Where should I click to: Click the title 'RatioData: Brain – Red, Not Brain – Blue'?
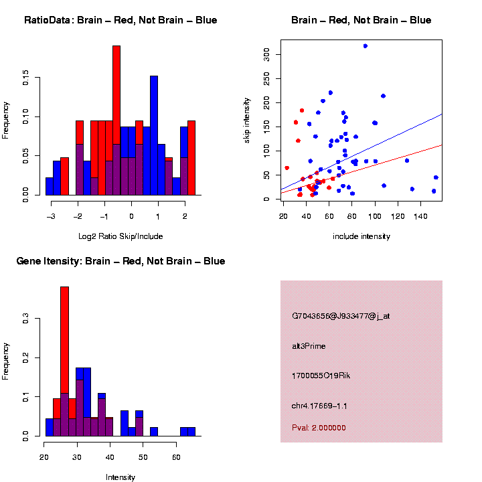tap(120, 20)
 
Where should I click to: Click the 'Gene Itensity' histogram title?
tap(120, 261)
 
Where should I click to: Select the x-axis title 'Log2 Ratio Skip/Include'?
tap(121, 236)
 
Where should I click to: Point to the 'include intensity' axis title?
tap(361, 236)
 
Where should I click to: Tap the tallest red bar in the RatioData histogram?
tap(116, 120)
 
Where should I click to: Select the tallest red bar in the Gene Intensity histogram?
tap(65, 361)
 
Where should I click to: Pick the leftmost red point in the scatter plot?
tap(287, 168)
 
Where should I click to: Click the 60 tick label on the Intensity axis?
tap(175, 459)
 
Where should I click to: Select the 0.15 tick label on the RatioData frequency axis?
tap(26, 79)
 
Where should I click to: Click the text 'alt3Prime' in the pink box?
tap(309, 346)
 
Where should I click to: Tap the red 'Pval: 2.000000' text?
tap(319, 428)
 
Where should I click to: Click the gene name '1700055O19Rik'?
tap(321, 376)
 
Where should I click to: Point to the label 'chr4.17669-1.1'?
tap(319, 406)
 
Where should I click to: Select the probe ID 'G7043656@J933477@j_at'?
tap(340, 316)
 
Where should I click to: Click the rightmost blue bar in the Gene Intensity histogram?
tap(191, 432)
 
